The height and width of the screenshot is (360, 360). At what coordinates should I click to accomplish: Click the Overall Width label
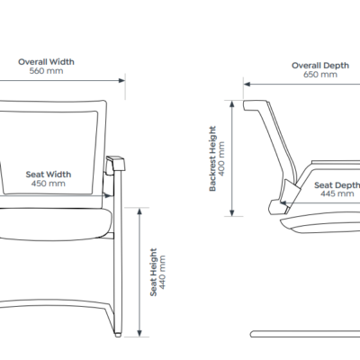pyautogui.click(x=46, y=62)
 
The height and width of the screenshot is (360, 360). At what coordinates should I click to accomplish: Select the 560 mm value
pyautogui.click(x=46, y=71)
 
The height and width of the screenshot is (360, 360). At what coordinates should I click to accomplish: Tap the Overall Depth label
pyautogui.click(x=320, y=66)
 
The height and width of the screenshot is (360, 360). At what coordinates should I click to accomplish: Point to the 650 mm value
pyautogui.click(x=320, y=75)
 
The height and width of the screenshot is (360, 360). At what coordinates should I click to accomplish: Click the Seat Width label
pyautogui.click(x=49, y=175)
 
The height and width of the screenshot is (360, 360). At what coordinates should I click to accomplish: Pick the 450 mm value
pyautogui.click(x=49, y=184)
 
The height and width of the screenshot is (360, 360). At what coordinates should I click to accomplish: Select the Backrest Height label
pyautogui.click(x=212, y=158)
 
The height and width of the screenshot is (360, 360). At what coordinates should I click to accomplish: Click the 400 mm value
pyautogui.click(x=221, y=158)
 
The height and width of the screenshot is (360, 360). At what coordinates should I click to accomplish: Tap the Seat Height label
pyautogui.click(x=153, y=272)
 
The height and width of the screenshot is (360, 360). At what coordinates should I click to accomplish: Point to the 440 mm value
pyautogui.click(x=162, y=272)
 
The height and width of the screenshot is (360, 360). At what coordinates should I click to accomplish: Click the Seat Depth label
pyautogui.click(x=337, y=185)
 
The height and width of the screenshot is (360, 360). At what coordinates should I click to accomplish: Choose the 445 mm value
pyautogui.click(x=337, y=193)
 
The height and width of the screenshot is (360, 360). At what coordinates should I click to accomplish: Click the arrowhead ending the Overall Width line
pyautogui.click(x=121, y=80)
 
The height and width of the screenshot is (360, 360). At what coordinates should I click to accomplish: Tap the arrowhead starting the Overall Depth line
pyautogui.click(x=247, y=84)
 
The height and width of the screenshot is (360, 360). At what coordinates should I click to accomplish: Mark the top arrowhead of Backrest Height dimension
pyautogui.click(x=232, y=104)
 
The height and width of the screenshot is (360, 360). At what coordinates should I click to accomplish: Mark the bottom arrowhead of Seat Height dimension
pyautogui.click(x=139, y=333)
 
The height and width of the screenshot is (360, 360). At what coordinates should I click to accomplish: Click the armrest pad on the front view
pyautogui.click(x=116, y=164)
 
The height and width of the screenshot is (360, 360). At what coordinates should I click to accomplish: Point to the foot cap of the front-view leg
pyautogui.click(x=118, y=335)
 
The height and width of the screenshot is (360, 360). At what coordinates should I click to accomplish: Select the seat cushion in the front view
pyautogui.click(x=54, y=224)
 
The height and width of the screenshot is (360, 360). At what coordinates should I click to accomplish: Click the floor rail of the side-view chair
pyautogui.click(x=305, y=334)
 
